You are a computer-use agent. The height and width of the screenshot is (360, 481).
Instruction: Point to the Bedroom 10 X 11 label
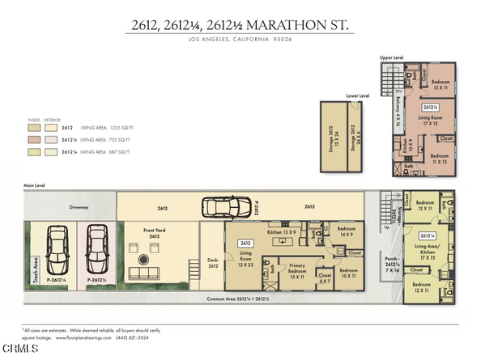[x=348, y=273]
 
